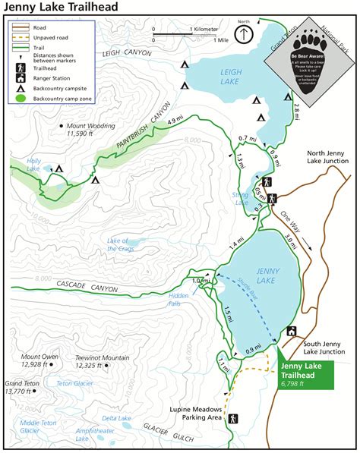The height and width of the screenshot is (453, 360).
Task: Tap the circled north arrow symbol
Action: click(x=242, y=35)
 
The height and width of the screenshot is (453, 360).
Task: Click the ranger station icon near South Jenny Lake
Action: click(x=292, y=331)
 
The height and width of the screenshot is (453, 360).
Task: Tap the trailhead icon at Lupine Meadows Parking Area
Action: click(x=233, y=418)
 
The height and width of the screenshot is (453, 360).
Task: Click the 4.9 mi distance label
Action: click(x=175, y=120)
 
